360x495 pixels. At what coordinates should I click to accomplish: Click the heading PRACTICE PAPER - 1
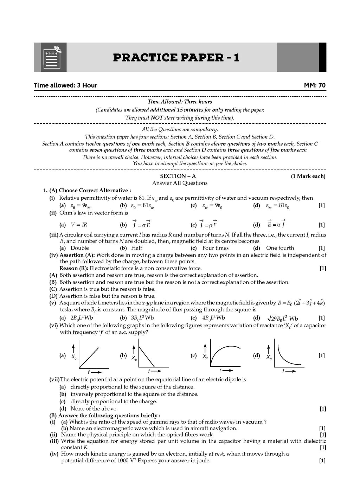pyautogui.click(x=176, y=57)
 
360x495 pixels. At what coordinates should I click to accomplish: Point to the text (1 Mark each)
pyautogui.click(x=308, y=176)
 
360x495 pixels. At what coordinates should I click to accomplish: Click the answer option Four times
pyautogui.click(x=215, y=248)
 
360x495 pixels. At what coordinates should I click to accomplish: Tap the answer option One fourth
pyautogui.click(x=280, y=248)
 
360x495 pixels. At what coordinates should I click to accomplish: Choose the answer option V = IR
pyautogui.click(x=79, y=225)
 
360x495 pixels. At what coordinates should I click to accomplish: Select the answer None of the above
pyautogui.click(x=94, y=409)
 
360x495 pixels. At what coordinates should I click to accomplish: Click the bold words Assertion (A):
pyautogui.click(x=77, y=255)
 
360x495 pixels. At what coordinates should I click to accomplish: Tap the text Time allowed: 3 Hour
pyautogui.click(x=65, y=85)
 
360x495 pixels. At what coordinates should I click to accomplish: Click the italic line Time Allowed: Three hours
pyautogui.click(x=180, y=102)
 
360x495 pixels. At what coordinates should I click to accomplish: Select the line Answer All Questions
pyautogui.click(x=180, y=183)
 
